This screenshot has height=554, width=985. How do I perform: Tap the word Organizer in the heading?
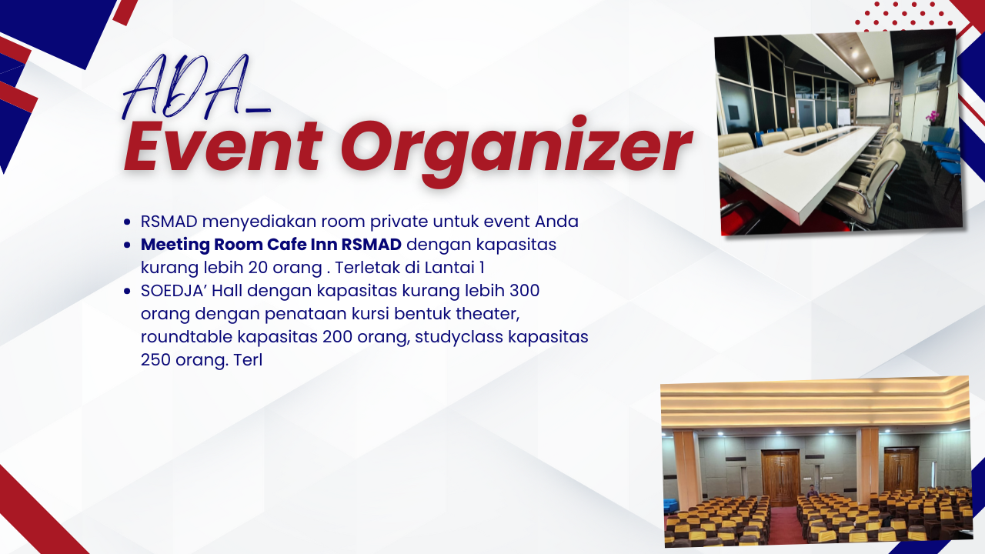[x=517, y=149]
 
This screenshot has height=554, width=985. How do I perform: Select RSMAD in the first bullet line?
[x=169, y=221]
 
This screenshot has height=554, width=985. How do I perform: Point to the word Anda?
[x=556, y=221]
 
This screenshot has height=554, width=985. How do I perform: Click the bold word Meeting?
[x=175, y=245]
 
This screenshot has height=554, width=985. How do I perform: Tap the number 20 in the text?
[x=258, y=267]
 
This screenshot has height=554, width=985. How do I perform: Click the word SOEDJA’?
[x=173, y=291]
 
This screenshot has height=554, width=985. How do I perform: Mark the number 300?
[x=524, y=291]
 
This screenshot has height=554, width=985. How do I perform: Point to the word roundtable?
[x=186, y=337]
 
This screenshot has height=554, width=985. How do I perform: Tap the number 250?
[x=155, y=360]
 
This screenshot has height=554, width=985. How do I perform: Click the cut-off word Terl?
[x=248, y=360]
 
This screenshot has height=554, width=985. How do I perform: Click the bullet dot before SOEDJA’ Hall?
[x=127, y=291]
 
